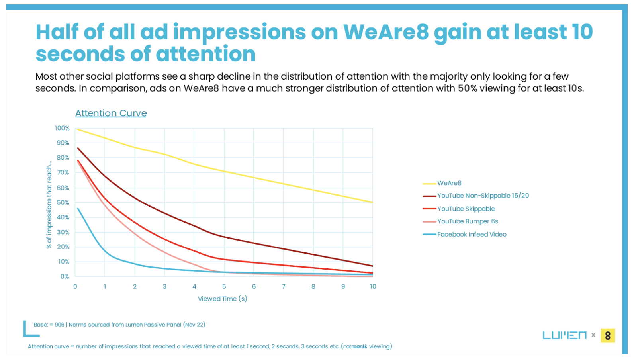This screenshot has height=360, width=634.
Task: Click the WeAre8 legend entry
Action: coord(449,183)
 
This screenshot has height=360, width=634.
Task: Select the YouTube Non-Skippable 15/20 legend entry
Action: coord(483,196)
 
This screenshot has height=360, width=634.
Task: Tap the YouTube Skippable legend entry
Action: coord(466,209)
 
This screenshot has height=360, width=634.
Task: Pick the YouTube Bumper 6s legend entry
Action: coord(467,221)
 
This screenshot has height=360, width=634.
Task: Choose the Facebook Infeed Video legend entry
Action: coord(472,234)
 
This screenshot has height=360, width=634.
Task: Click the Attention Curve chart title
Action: coord(111,113)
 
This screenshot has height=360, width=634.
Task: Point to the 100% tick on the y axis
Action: coord(62,128)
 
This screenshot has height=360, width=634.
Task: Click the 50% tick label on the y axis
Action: coord(63,202)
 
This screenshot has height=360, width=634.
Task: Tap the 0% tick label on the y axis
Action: coord(65,276)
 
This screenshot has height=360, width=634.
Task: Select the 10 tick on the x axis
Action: coord(373,286)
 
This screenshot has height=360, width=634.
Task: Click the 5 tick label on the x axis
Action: coord(224,286)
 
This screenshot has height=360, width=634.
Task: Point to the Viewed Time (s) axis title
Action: coord(222,299)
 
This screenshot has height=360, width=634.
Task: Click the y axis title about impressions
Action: coord(49,205)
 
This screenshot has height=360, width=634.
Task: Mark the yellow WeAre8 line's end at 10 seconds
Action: coord(372,202)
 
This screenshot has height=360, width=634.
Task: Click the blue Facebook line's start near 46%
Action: coord(78,208)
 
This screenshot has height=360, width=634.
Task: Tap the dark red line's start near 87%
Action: coord(78,148)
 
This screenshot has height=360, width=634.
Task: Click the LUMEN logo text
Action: coord(564,335)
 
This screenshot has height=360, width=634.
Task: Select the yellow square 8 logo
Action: coord(607,335)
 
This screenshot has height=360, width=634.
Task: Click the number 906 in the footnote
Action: coord(59,325)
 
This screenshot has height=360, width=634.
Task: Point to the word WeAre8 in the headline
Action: coord(385,32)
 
